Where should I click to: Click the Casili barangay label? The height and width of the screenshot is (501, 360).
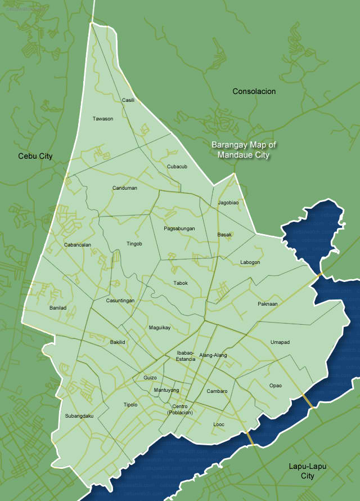[128, 100]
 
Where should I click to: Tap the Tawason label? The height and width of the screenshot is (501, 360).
[103, 119]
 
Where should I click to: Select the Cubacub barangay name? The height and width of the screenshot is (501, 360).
[177, 167]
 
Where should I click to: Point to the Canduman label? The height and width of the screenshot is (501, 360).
[124, 188]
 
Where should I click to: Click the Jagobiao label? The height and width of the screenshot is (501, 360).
[228, 202]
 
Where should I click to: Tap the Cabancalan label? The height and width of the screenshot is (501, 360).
[78, 245]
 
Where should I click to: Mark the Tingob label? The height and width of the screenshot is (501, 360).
[134, 244]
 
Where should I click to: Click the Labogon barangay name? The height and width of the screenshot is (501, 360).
[250, 262]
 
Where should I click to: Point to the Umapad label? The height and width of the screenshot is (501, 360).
[280, 342]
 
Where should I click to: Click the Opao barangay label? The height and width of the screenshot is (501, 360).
[275, 386]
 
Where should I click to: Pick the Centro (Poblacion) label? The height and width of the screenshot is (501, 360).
[180, 410]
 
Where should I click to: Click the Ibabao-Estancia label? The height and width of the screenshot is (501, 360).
[186, 356]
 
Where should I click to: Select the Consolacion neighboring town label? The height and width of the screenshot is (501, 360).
[254, 91]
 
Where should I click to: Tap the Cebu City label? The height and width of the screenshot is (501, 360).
[35, 156]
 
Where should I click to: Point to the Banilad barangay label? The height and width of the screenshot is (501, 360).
[58, 308]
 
